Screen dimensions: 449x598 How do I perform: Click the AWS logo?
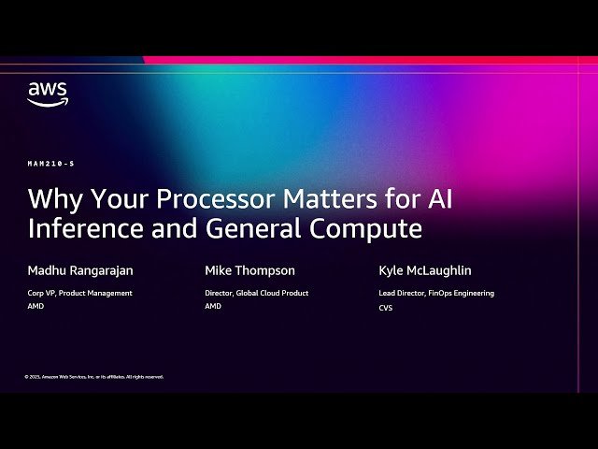point(47,94)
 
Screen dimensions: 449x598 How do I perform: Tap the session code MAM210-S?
point(51,164)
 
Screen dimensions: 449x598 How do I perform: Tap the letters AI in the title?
point(438,199)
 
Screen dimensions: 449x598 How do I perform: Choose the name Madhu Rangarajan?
point(80,270)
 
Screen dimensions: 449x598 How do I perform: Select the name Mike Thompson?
point(249,270)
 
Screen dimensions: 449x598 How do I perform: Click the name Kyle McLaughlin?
point(425,270)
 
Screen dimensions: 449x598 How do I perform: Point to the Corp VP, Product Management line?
point(80,293)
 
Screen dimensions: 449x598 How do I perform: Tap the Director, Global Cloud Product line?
point(256,293)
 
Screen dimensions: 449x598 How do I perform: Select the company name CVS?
point(386,308)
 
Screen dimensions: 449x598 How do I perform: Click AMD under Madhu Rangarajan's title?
point(36,306)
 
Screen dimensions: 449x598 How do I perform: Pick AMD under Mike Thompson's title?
point(213,306)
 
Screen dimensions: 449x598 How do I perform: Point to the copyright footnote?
point(94,377)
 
